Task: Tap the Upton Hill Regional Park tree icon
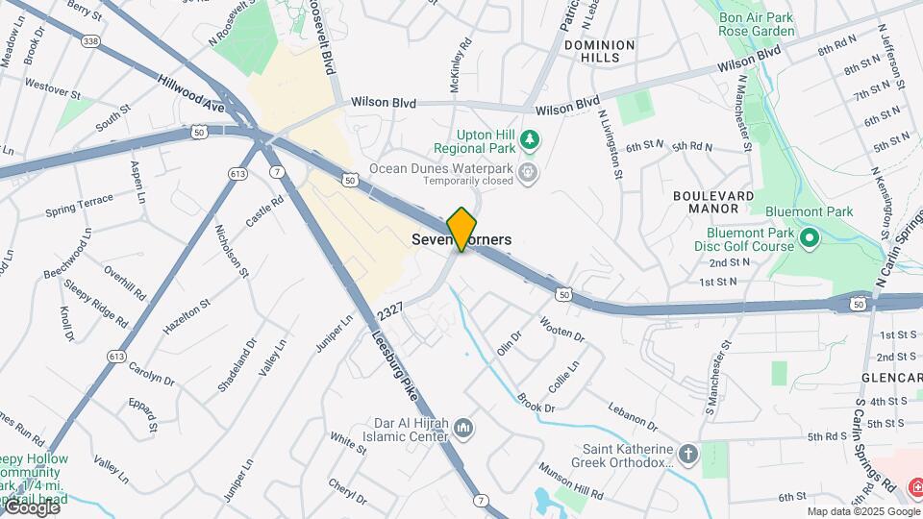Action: (x=529, y=142)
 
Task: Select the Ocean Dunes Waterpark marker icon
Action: (x=527, y=173)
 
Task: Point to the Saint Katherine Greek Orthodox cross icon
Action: (x=687, y=453)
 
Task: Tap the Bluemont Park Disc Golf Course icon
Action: (x=809, y=236)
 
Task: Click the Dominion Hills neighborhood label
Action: (x=600, y=52)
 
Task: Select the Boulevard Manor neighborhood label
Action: (x=713, y=201)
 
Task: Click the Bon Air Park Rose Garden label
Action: (x=757, y=24)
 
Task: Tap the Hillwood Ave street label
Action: (x=191, y=95)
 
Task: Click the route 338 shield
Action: (x=90, y=41)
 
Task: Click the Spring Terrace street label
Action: (x=79, y=205)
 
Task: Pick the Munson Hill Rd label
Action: (x=571, y=482)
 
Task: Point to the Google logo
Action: (x=32, y=507)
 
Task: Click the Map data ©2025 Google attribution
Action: (x=862, y=511)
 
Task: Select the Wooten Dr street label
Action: (x=562, y=329)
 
